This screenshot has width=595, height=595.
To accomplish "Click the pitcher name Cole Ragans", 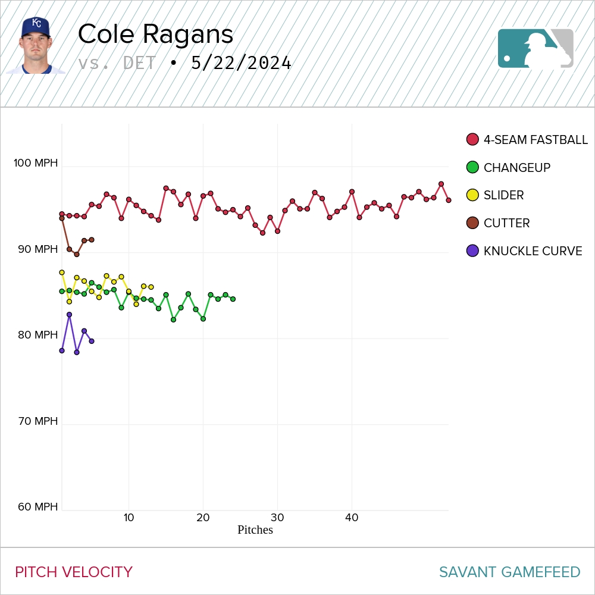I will [155, 35].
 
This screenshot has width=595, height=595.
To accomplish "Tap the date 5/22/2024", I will [241, 63].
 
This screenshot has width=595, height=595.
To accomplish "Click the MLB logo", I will [535, 48].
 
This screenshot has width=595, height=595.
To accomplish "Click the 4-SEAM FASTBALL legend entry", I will [527, 140].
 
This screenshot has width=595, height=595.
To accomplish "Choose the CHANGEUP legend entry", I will [509, 168].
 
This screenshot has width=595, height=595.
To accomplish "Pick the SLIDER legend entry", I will [496, 195].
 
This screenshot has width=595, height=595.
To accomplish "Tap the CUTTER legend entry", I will [499, 223].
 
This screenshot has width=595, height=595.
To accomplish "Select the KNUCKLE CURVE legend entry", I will [525, 251].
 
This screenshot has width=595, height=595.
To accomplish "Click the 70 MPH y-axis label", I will [37, 421].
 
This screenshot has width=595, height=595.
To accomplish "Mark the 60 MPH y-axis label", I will [37, 507].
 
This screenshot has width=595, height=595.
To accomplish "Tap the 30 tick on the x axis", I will [277, 518].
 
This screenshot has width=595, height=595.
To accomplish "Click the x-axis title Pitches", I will [255, 530].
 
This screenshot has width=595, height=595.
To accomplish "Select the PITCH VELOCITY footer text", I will [74, 572].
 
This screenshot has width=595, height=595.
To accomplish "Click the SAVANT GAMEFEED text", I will [509, 572].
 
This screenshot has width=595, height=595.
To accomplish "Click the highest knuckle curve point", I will [69, 315].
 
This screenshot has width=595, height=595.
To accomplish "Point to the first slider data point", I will [62, 273].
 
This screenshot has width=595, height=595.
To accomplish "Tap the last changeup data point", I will [233, 299].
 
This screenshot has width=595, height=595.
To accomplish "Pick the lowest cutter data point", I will [77, 254].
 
